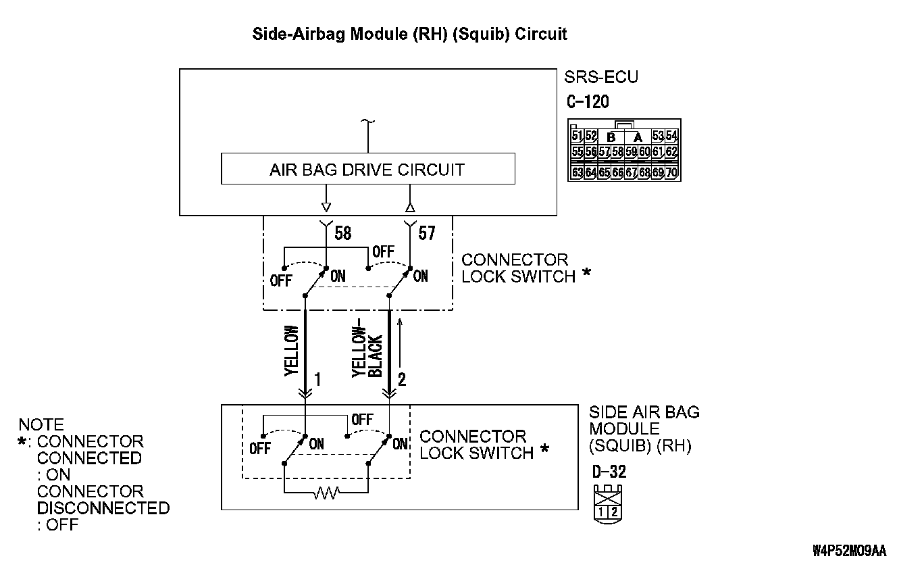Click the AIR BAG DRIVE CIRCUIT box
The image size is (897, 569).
click(x=367, y=169)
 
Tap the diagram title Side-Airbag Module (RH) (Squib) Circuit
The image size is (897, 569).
click(x=409, y=34)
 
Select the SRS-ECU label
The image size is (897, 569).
click(x=601, y=77)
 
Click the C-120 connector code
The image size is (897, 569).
click(x=588, y=102)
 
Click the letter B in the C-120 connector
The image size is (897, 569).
click(x=612, y=137)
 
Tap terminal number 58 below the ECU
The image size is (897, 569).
click(x=343, y=234)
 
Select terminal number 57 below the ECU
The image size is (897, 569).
click(x=427, y=234)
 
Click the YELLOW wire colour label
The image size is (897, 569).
click(x=291, y=351)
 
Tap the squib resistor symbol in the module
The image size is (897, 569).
click(x=326, y=495)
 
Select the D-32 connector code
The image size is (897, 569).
click(x=609, y=472)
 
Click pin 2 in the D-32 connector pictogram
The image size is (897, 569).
click(x=614, y=511)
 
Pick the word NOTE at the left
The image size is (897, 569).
click(x=41, y=425)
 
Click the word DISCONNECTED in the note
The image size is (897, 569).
click(x=103, y=508)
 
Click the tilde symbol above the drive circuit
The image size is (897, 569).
click(x=367, y=122)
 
